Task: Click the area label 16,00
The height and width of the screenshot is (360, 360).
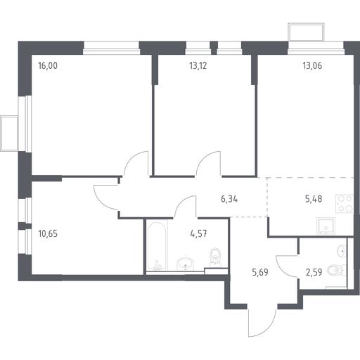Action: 48,66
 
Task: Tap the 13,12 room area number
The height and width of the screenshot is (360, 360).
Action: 198,66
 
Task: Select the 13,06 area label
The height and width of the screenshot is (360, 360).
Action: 312,66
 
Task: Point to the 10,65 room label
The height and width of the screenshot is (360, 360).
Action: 48,233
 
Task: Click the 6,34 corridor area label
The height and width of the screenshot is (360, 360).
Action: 229,199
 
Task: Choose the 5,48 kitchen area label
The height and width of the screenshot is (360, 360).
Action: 314,199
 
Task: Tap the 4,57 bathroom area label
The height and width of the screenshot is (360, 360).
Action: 199,233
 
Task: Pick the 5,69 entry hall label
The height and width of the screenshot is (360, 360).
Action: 260,272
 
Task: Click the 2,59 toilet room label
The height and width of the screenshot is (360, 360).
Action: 314,272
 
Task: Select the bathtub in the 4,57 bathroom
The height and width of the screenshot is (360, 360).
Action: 157,245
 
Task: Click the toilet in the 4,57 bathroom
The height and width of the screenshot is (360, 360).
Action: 215,257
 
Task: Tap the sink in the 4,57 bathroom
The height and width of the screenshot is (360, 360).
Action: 186,264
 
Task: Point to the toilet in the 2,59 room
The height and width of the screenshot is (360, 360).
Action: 336,271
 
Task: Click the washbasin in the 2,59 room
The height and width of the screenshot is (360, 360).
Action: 342,251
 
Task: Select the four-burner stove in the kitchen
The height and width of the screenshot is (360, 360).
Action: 345,203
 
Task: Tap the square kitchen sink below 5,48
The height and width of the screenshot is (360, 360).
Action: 326,226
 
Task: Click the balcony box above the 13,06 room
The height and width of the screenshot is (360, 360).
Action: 306,32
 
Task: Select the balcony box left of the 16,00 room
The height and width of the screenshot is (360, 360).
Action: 9,134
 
